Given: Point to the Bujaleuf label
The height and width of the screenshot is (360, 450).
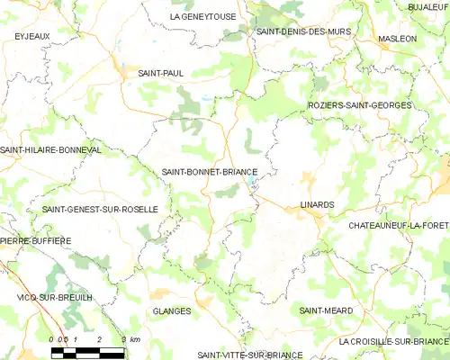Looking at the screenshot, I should click(x=427, y=7).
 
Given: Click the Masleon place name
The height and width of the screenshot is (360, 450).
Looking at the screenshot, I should click(x=398, y=39).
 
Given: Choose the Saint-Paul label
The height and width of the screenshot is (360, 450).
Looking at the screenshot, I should click(x=160, y=73).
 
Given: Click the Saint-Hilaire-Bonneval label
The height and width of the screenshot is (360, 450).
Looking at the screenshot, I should click(x=51, y=149).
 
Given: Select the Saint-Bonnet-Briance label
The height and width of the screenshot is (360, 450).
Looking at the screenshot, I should click(x=210, y=171).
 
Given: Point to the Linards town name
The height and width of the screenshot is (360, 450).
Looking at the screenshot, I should click(x=317, y=204).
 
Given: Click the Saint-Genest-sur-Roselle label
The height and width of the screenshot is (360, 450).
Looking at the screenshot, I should click(x=100, y=209).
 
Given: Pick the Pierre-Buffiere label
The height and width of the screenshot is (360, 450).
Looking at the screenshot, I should click(x=36, y=241).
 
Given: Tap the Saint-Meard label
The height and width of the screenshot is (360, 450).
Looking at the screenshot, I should click(x=327, y=310).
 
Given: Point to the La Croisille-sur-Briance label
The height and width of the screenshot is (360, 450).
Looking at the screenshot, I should click(x=393, y=342).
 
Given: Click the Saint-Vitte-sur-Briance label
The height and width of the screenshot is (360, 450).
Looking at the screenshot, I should click(x=250, y=355).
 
